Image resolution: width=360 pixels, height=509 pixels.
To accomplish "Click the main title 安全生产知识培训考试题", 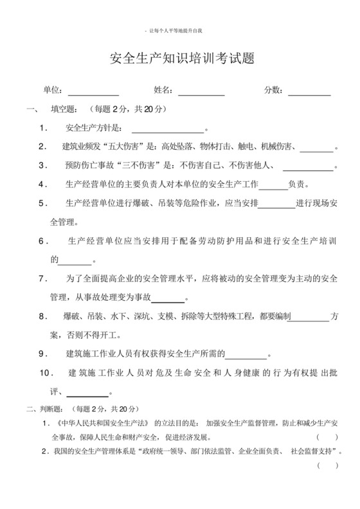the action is click(183, 59).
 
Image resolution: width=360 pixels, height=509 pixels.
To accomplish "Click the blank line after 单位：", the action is click(93, 92).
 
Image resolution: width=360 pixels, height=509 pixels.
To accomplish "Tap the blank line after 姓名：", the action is click(201, 92).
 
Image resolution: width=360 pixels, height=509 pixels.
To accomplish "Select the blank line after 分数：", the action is click(309, 92).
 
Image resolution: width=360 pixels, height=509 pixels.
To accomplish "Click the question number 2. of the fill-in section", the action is click(43, 147).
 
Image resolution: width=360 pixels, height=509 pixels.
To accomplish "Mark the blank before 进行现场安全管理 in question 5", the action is click(276, 204).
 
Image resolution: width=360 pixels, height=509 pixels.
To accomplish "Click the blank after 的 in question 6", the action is click(75, 260).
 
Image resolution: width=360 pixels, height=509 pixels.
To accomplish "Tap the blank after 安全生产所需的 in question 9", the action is click(246, 354).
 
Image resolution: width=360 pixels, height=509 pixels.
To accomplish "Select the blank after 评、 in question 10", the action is click(87, 392).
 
